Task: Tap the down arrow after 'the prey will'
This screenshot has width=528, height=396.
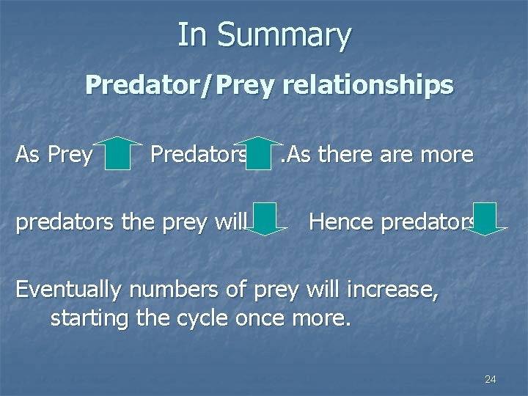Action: [268, 219]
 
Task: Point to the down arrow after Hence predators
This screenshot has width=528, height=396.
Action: [485, 219]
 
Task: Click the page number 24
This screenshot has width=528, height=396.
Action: [491, 379]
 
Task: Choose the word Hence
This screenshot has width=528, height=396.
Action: [340, 220]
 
